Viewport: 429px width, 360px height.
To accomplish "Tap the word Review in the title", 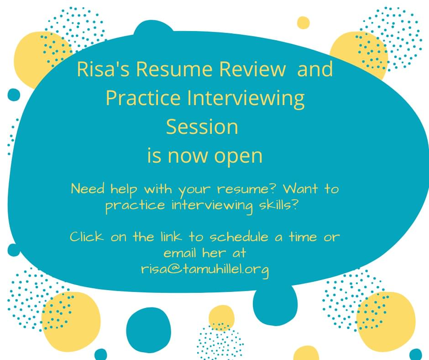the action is click(x=252, y=69).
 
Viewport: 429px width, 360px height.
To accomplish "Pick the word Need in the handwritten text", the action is click(x=88, y=189).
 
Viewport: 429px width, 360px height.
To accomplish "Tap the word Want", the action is click(x=300, y=189).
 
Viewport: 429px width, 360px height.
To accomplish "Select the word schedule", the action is click(x=239, y=237).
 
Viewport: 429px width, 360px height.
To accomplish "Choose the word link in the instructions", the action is click(x=171, y=237).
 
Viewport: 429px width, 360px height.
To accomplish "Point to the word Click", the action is click(x=87, y=237).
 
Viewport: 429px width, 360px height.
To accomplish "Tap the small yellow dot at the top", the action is click(x=303, y=23).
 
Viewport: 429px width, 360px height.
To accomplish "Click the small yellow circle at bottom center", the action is click(x=222, y=318).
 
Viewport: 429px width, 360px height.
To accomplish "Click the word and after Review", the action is click(x=315, y=69).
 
